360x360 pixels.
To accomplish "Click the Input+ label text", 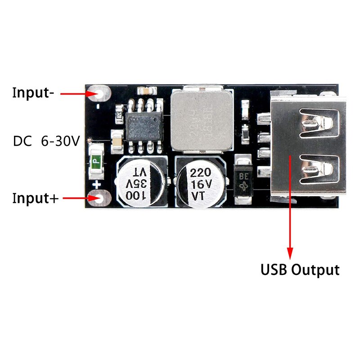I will (35, 198).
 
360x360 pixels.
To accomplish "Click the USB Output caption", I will (300, 270).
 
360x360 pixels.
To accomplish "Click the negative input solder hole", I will (99, 94).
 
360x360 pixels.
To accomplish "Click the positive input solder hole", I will (99, 198).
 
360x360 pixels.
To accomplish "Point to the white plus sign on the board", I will (96, 184).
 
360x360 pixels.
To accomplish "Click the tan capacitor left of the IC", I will (116, 139).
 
